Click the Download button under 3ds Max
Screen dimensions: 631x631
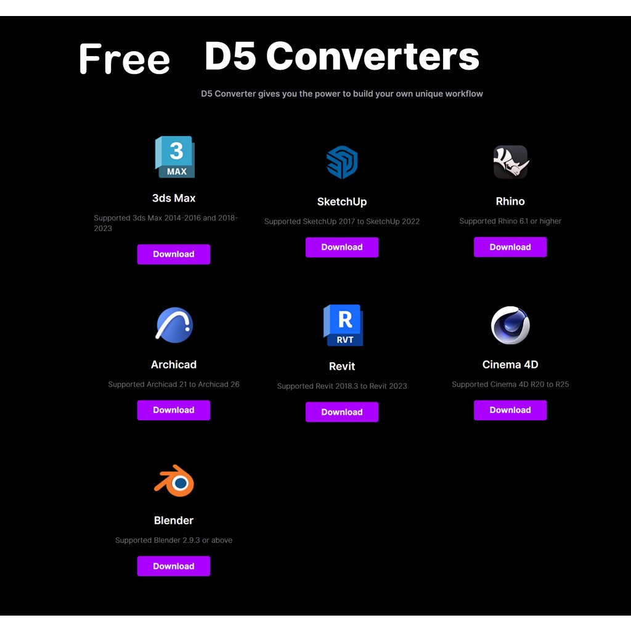[173, 254]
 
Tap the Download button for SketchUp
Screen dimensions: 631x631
[341, 247]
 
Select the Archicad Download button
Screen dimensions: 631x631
[173, 410]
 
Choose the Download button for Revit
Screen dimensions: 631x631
[341, 412]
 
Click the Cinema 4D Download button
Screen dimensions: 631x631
[510, 410]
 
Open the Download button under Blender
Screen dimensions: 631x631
[173, 566]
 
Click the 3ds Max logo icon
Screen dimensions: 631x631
[175, 157]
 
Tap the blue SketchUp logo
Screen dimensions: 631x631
[341, 162]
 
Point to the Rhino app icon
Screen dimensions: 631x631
[510, 162]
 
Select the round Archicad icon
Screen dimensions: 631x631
[174, 325]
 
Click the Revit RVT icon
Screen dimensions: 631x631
[343, 325]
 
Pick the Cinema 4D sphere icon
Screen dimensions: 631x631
[510, 325]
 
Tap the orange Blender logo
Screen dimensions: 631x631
[174, 481]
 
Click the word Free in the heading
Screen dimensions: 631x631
[124, 59]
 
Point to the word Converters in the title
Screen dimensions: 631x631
[372, 56]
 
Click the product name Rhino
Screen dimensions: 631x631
[510, 202]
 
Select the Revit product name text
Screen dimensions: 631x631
[342, 366]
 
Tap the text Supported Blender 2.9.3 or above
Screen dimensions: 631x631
[174, 540]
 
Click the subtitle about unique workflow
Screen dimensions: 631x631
[342, 94]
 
